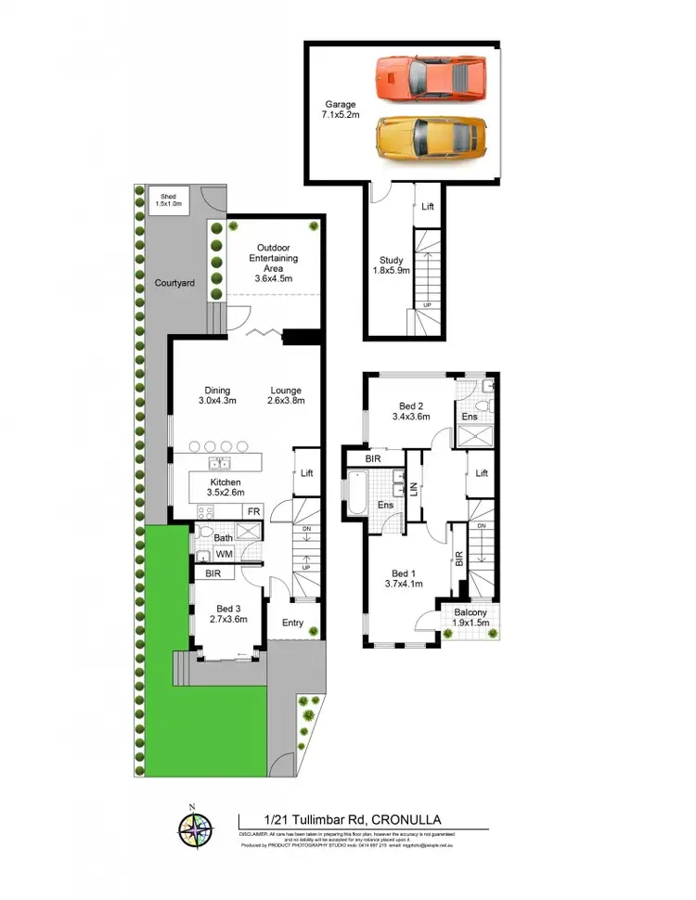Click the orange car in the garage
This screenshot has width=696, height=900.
432,73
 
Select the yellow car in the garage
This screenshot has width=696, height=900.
431,137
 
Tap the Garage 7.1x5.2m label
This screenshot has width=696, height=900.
341,110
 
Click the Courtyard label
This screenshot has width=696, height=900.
174,282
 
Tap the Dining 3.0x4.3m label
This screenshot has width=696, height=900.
219,396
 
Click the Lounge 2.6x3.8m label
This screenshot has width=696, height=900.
286,396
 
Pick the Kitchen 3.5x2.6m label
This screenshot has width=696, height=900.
225,488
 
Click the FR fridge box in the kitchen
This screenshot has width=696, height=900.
251,511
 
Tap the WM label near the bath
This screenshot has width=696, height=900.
224,554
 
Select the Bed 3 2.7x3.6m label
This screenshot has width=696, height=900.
227,613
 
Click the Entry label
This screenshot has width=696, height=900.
293,623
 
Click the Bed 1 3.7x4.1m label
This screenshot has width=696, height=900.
405,578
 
